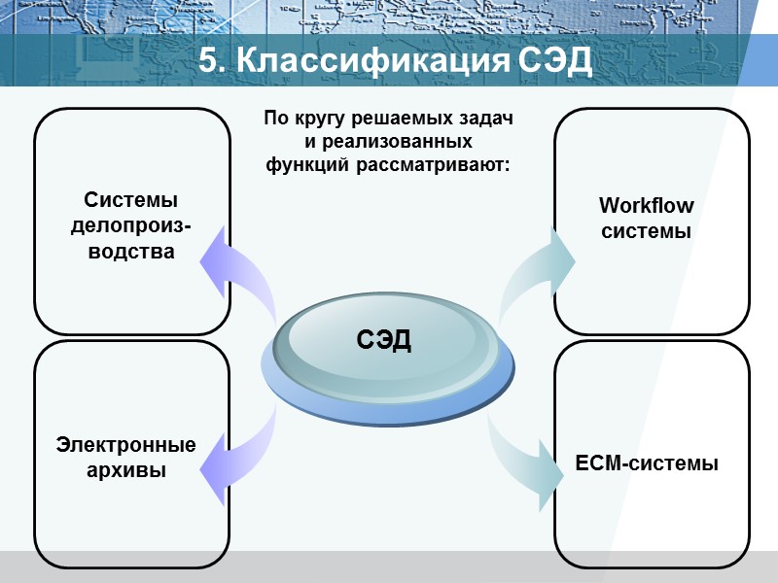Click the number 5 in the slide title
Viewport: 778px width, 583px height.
207,61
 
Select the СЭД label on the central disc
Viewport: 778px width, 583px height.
384,340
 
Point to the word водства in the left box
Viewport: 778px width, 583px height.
130,253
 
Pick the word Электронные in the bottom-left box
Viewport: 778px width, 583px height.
126,445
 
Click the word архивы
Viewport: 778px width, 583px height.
126,471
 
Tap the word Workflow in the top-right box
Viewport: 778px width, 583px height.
647,206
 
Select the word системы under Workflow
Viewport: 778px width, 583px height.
647,232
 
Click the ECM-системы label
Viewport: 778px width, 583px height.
647,463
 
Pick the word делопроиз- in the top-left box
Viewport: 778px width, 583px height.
130,226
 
